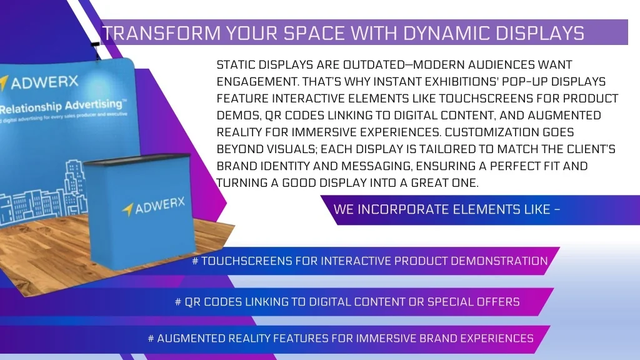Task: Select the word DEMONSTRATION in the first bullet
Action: (492, 261)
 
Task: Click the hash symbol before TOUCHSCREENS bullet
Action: (196, 261)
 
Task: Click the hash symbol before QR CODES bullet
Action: (179, 302)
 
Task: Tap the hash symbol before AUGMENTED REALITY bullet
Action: (151, 339)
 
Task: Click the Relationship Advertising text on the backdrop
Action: (59, 104)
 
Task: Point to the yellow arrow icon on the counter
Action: (127, 209)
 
